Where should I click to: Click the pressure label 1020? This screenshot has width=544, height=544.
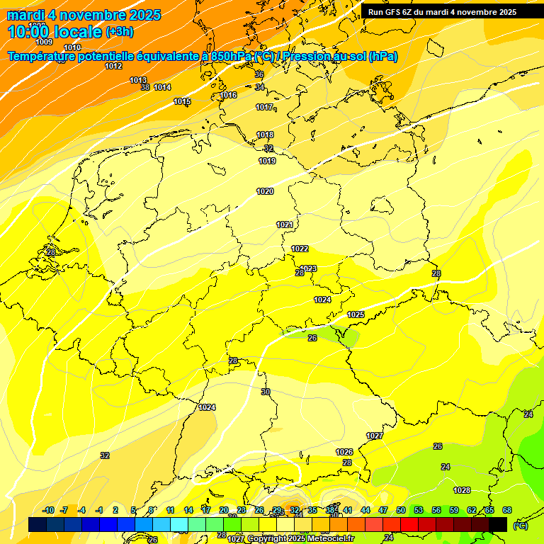(x=265, y=191)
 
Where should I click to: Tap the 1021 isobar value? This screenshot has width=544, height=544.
(x=285, y=225)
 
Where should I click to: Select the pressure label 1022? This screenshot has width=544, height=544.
(x=300, y=249)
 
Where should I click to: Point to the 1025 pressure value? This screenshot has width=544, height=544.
(x=356, y=314)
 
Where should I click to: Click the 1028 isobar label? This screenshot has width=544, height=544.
(x=462, y=490)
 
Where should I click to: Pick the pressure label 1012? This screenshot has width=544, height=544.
(x=113, y=66)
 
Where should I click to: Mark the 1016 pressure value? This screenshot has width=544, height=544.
(x=228, y=95)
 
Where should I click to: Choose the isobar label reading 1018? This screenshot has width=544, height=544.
(x=265, y=135)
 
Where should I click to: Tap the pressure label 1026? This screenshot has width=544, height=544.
(x=344, y=452)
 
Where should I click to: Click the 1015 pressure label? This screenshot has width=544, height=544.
(x=182, y=101)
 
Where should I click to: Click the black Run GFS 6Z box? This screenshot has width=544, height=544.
(x=442, y=12)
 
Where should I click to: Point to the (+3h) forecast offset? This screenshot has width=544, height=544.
(x=119, y=32)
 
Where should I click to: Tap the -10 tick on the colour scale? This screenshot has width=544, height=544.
(x=49, y=510)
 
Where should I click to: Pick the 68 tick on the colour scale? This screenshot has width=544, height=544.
(x=507, y=510)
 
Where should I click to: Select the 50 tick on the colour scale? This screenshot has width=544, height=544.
(x=401, y=510)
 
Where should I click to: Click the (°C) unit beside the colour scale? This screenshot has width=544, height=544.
(x=520, y=525)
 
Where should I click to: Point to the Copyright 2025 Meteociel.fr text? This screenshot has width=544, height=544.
(x=300, y=539)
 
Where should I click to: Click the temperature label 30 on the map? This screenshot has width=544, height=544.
(x=266, y=392)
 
